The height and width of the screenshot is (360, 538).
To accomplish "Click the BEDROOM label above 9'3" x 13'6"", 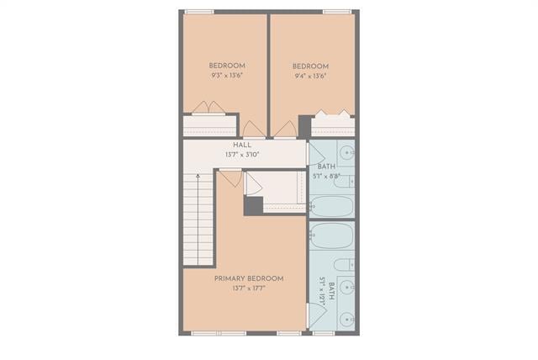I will (227, 66).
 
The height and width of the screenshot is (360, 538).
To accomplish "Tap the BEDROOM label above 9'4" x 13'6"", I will (310, 66).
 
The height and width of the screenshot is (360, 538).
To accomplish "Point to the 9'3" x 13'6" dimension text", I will (227, 76).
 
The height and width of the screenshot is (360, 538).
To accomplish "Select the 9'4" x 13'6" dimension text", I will (310, 76).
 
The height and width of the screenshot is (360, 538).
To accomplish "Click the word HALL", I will (242, 146).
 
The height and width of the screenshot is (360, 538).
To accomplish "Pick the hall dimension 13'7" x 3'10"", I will (242, 155).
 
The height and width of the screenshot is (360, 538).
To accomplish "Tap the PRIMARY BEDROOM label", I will (248, 278).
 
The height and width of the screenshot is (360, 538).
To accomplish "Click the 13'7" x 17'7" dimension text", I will (248, 289).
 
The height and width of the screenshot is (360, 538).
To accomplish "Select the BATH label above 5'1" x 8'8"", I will (326, 167).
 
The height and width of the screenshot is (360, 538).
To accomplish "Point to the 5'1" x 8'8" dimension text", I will (326, 177).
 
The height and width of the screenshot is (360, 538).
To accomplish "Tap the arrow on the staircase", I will (198, 179).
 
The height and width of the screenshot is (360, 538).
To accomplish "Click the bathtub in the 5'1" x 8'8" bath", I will (331, 206).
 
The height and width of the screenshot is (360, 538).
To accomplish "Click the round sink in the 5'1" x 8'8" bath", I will (347, 153).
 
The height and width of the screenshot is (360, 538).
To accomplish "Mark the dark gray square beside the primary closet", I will (253, 204).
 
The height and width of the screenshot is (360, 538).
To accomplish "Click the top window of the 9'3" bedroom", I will (198, 12).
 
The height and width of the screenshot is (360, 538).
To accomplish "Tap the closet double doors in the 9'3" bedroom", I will (207, 108).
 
